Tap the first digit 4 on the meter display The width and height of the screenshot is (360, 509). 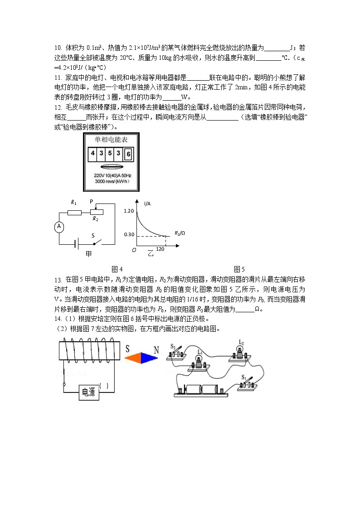tap(92, 153)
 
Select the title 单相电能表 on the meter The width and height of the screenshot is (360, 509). tap(111, 140)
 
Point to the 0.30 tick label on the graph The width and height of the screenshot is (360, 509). tap(129, 234)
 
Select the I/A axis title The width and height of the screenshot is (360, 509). tap(147, 204)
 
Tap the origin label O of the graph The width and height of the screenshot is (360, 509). tap(134, 250)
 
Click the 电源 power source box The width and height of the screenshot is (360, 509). tap(89, 393)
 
